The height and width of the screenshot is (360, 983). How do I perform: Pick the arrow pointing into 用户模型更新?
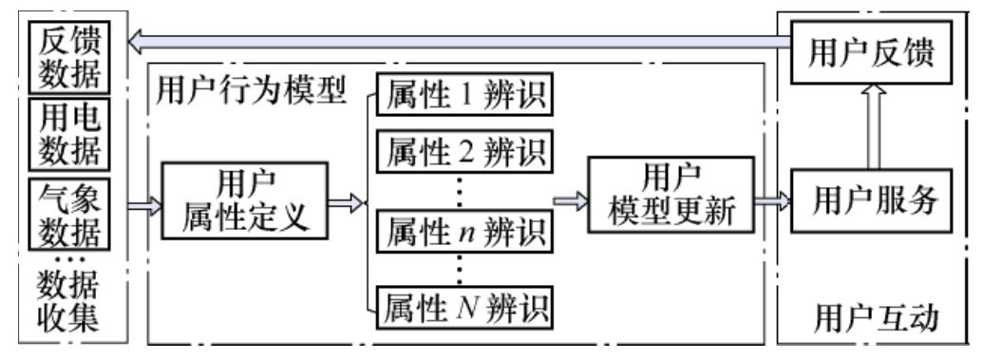pos(569,201)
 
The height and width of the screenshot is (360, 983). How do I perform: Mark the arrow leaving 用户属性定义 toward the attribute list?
pos(347,201)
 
